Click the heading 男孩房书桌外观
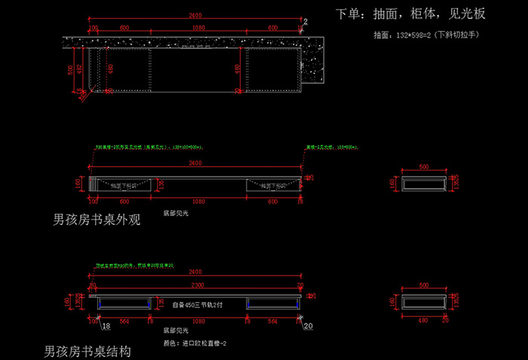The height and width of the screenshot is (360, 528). (x=97, y=220)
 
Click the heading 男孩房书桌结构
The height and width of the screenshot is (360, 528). (x=88, y=352)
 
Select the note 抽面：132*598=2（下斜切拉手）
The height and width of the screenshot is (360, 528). (x=426, y=35)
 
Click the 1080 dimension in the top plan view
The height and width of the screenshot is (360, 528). (x=197, y=28)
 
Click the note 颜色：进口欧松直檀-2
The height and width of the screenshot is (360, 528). (x=196, y=342)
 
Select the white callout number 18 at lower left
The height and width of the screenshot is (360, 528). (x=106, y=325)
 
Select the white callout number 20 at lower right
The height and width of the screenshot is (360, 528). (x=307, y=326)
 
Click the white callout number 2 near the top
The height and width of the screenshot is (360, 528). (x=305, y=21)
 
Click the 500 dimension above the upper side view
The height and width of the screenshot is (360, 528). (x=424, y=166)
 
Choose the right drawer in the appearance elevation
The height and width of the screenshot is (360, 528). (x=270, y=184)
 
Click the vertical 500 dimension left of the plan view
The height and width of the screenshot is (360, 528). (x=71, y=69)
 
